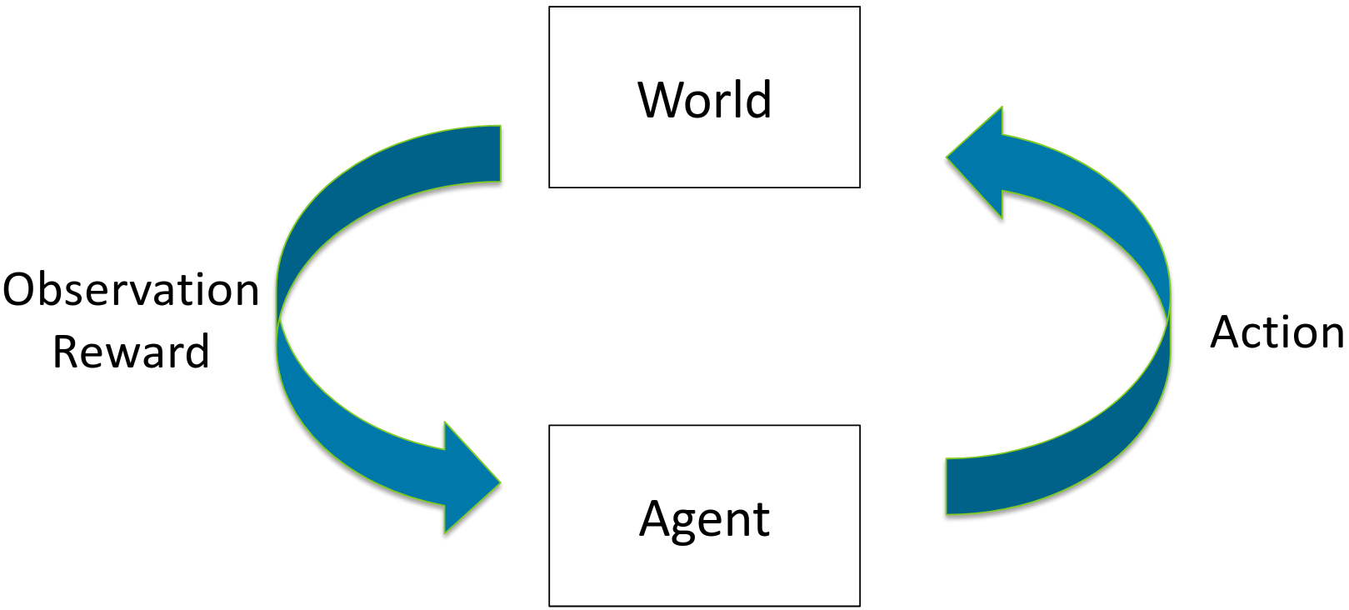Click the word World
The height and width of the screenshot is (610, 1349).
click(704, 100)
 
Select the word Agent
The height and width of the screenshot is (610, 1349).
click(704, 519)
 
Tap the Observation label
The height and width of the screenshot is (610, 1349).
click(131, 290)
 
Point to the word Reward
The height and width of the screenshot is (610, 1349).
click(131, 351)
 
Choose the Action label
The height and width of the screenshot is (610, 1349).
click(1277, 332)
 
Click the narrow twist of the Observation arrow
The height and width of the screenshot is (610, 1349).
click(278, 317)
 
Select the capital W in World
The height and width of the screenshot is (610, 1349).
click(662, 100)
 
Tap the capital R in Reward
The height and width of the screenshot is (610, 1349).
click(67, 351)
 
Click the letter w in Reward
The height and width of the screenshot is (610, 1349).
click(120, 354)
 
